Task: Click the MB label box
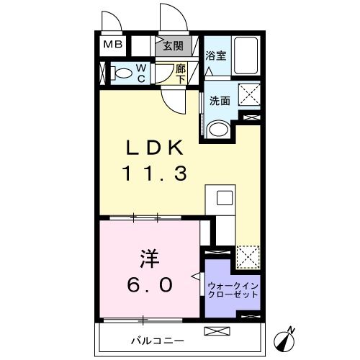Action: [114, 45]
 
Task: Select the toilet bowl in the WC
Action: [122, 72]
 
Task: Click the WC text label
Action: [142, 73]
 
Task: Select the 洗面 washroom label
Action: [220, 102]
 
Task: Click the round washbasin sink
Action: [218, 128]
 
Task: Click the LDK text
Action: [158, 148]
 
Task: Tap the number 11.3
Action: [157, 174]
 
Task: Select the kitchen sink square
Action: [222, 197]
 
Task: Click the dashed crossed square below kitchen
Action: [248, 255]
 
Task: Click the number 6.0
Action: [149, 285]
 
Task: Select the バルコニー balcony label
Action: [157, 340]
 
